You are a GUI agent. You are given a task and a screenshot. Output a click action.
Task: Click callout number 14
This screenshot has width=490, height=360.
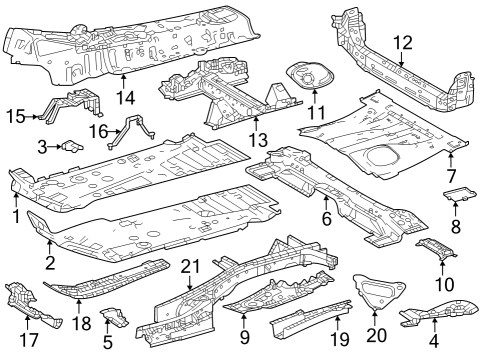click(x=124, y=97)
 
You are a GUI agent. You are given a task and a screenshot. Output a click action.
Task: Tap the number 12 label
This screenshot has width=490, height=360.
click(x=402, y=42)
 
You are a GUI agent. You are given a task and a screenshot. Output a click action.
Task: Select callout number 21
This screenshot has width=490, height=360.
click(x=190, y=265)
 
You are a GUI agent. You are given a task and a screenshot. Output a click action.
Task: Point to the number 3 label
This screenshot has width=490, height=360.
click(x=43, y=147)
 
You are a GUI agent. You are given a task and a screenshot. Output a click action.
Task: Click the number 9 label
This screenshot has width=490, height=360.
click(x=244, y=321)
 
